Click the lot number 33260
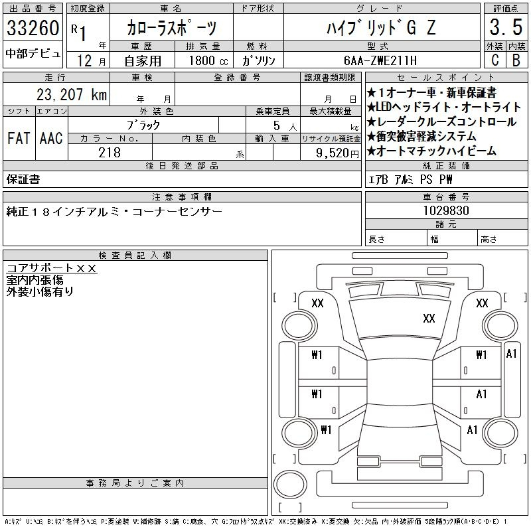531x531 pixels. pyautogui.click(x=33, y=27)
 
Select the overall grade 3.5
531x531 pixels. pyautogui.click(x=506, y=27)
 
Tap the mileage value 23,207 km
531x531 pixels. pyautogui.click(x=72, y=94)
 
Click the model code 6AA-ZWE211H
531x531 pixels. pyautogui.click(x=380, y=60)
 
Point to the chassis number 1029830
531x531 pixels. pyautogui.click(x=446, y=210)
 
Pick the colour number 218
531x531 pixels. pyautogui.click(x=110, y=153)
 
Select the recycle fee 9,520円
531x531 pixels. pyautogui.click(x=337, y=153)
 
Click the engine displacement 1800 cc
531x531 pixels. pyautogui.click(x=208, y=60)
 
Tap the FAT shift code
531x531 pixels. pyautogui.click(x=19, y=138)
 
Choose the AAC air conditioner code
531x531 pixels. pyautogui.click(x=51, y=138)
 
